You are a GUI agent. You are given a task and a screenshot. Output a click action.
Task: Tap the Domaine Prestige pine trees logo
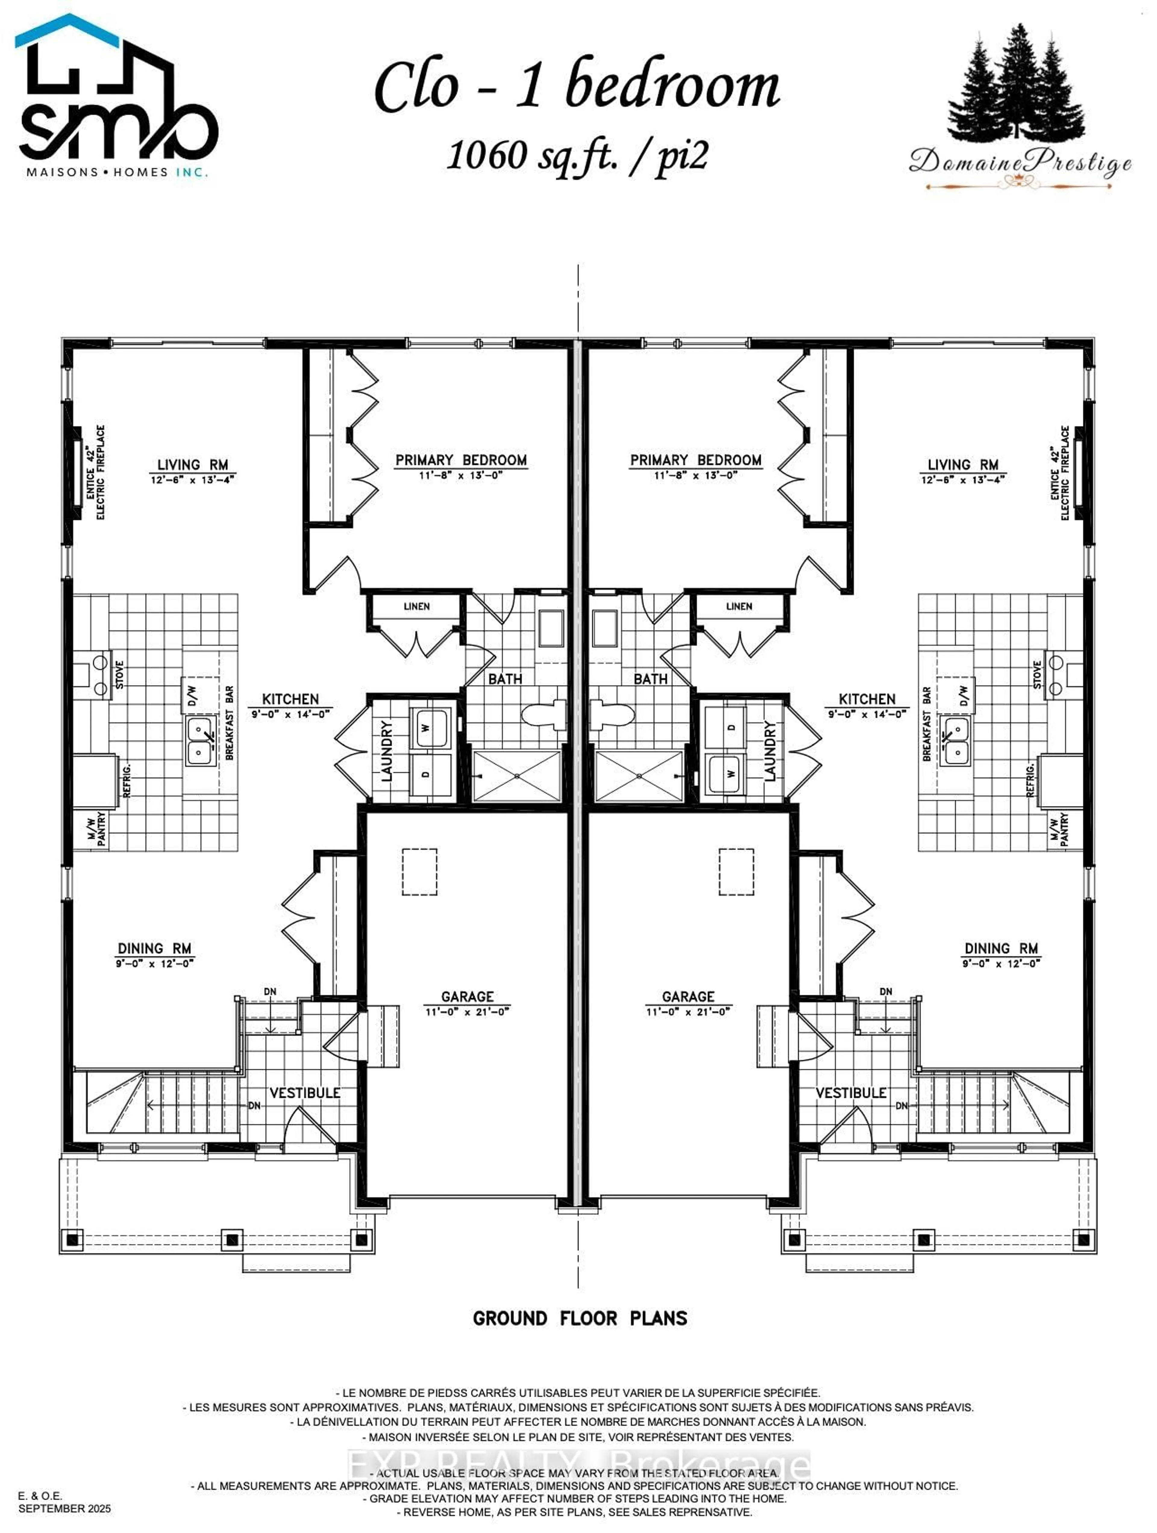pyautogui.click(x=1016, y=87)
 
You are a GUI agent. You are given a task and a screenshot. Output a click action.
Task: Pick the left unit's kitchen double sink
pyautogui.click(x=199, y=740)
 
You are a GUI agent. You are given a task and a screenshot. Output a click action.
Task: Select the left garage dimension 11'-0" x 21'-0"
pyautogui.click(x=467, y=1012)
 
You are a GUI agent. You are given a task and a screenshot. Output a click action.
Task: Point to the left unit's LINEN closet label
pyautogui.click(x=416, y=606)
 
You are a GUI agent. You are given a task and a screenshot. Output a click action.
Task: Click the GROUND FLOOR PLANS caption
pyautogui.click(x=580, y=1318)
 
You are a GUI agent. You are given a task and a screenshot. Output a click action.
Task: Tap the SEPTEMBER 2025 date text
pyautogui.click(x=64, y=1508)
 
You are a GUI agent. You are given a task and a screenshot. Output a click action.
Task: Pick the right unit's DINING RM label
pyautogui.click(x=1001, y=948)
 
